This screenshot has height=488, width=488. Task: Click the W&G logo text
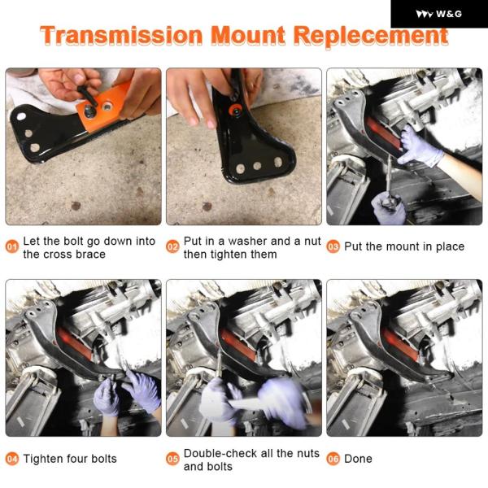[449, 14]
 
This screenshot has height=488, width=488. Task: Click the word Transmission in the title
[121, 35]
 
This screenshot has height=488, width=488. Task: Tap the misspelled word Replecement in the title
[372, 37]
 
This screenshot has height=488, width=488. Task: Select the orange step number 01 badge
[12, 246]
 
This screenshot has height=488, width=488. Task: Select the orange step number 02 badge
[172, 246]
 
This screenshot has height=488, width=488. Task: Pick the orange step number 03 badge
[333, 246]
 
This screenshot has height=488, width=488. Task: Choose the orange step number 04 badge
[12, 459]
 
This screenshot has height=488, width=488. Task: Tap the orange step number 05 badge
[172, 459]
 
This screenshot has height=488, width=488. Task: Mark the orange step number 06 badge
[333, 459]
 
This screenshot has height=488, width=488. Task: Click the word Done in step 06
[358, 459]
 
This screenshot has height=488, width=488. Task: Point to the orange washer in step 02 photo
[236, 110]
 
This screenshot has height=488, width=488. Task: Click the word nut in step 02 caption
[312, 242]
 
